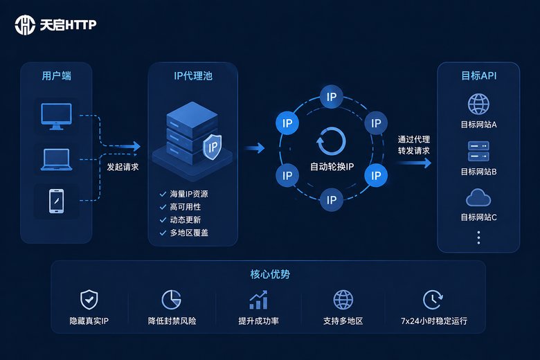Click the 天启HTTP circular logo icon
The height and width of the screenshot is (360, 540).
tap(25, 25)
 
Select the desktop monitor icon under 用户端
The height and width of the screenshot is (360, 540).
tap(56, 116)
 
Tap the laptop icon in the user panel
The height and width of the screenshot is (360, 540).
tap(57, 159)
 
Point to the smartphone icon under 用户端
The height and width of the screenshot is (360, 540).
tap(57, 201)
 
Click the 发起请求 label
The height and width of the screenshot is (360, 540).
tap(123, 167)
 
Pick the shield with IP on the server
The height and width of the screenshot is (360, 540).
tap(212, 147)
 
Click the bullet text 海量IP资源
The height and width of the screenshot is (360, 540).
tap(189, 194)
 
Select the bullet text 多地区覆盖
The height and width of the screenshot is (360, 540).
tap(189, 233)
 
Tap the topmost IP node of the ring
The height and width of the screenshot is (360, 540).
tap(332, 97)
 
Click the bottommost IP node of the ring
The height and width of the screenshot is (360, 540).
tap(332, 200)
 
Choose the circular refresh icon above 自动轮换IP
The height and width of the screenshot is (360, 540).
tap(331, 142)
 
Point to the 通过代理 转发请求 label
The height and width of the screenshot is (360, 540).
tap(414, 145)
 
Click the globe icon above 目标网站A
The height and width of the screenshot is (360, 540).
tap(478, 104)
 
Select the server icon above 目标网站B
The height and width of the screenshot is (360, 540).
tap(478, 151)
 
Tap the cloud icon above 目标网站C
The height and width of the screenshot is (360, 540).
tap(478, 197)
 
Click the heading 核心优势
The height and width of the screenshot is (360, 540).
tap(270, 274)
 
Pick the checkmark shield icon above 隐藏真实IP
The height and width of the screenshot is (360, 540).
tap(89, 300)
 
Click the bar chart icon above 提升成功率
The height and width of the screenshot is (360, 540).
tap(258, 300)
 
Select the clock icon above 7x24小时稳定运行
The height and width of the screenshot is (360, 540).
tap(433, 300)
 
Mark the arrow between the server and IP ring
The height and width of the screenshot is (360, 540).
tap(255, 148)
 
